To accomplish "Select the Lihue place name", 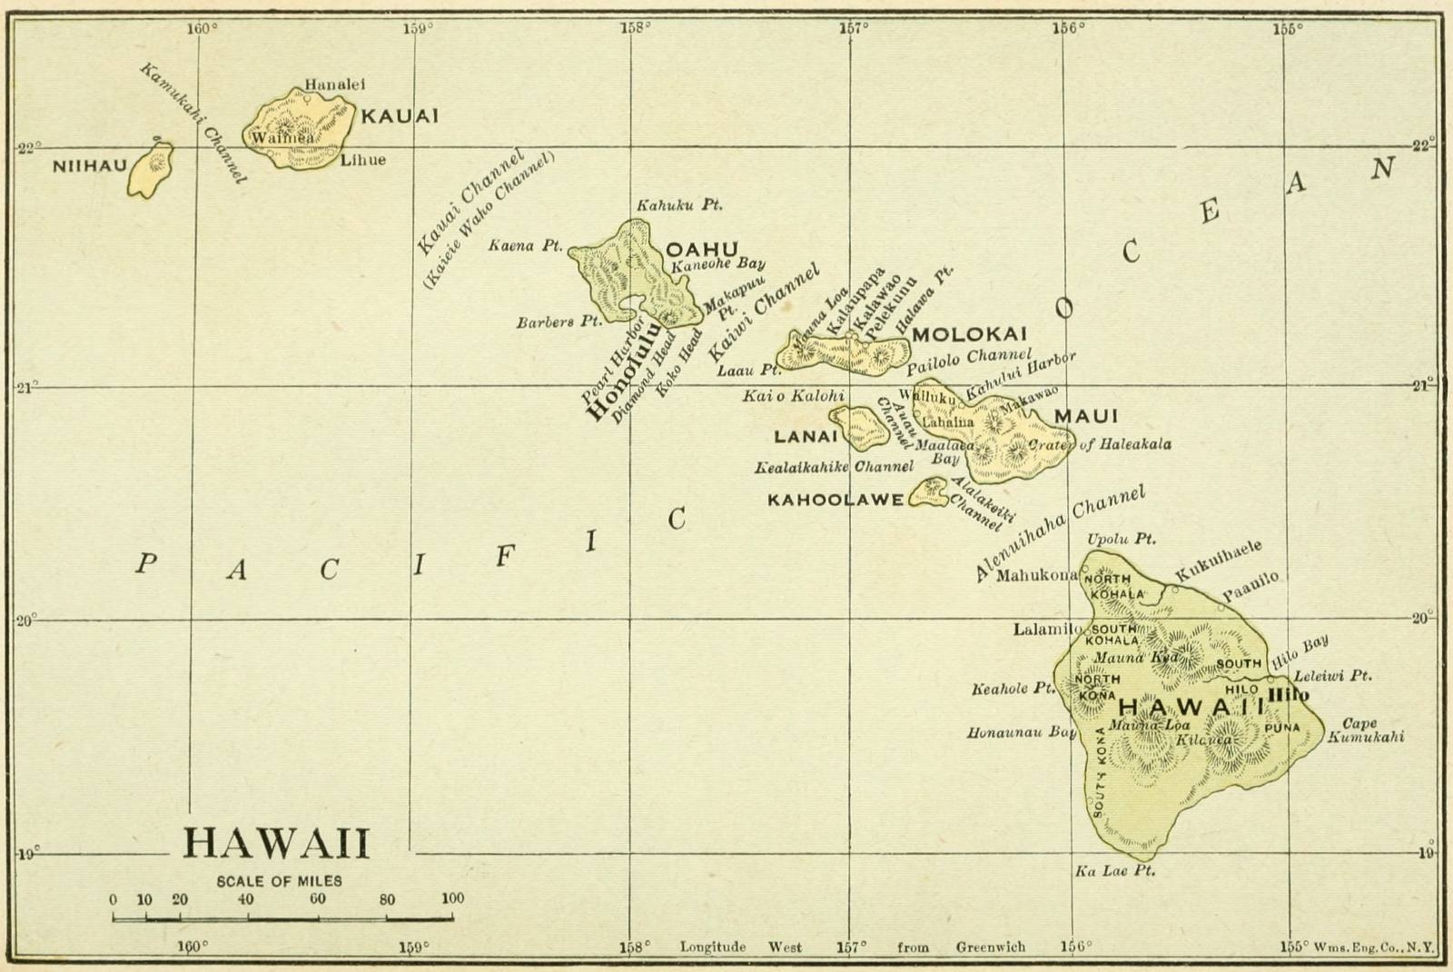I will tap(363, 160).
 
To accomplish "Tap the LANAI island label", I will tap(805, 436).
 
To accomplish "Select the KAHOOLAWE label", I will tap(835, 500).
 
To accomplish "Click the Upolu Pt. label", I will tap(1122, 539).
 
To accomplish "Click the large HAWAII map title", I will tap(276, 843).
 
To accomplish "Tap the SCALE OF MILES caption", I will tap(279, 881).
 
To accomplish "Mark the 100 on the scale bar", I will tap(452, 898).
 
